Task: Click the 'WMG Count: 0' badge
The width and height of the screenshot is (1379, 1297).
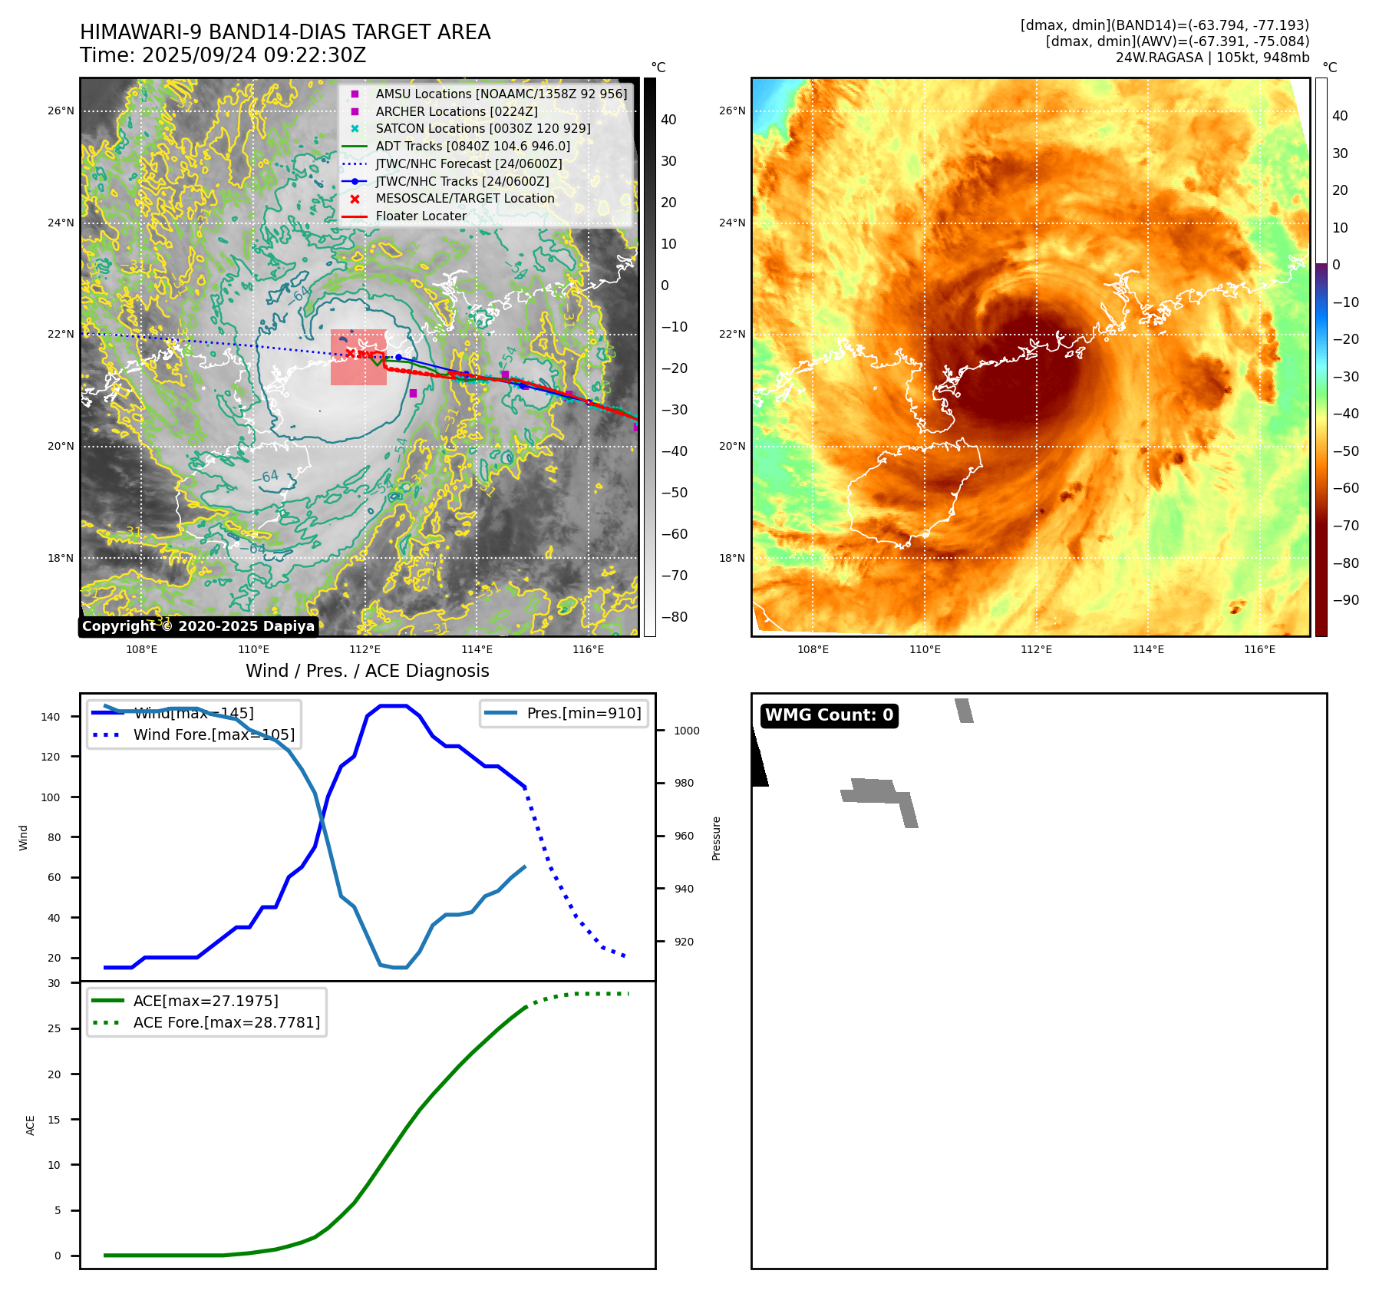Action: click(x=829, y=715)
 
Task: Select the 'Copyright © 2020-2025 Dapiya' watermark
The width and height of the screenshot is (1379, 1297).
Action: click(x=198, y=626)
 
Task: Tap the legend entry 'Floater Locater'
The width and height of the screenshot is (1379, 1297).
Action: click(x=421, y=216)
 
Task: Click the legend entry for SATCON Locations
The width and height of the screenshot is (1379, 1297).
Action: click(x=483, y=129)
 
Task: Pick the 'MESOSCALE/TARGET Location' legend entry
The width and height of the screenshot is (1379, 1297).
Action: click(x=464, y=199)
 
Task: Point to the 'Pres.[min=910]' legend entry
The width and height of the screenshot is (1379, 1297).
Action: click(x=583, y=714)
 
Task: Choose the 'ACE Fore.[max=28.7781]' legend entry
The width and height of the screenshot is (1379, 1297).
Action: click(x=226, y=1023)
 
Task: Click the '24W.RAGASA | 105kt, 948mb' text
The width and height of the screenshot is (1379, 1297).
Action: click(x=1212, y=58)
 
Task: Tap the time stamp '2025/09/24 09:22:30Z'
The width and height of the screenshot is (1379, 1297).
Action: click(x=254, y=56)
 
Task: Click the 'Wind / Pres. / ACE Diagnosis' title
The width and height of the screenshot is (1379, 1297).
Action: click(x=367, y=671)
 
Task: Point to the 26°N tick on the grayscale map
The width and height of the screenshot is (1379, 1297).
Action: click(x=61, y=111)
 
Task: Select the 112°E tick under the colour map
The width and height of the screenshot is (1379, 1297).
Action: click(x=1036, y=650)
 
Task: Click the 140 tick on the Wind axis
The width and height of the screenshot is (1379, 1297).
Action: click(x=51, y=717)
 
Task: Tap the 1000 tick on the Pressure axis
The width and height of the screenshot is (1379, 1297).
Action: click(x=686, y=731)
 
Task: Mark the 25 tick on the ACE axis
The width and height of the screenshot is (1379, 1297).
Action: click(x=54, y=1028)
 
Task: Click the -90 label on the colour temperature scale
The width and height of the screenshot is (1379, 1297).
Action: click(x=1345, y=600)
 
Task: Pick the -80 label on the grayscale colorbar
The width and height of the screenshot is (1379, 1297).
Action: click(x=675, y=617)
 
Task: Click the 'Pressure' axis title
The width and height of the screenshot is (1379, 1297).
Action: click(x=716, y=838)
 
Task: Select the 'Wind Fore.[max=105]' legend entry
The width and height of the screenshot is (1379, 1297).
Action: click(x=213, y=735)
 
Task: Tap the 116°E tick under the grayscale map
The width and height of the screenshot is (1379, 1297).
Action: click(x=588, y=650)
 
